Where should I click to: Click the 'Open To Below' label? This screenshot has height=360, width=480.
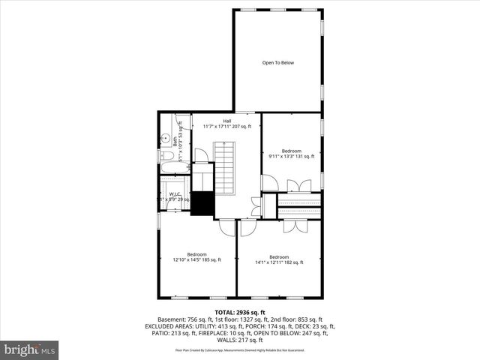coord(277,63)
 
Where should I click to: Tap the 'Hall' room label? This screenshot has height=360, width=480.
coord(226,121)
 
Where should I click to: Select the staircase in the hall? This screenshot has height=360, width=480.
coord(226,169)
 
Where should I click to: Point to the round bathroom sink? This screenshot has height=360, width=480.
coord(163,138)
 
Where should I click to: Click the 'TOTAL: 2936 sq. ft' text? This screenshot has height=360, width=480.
coord(240,312)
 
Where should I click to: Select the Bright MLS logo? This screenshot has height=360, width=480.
coord(30,349)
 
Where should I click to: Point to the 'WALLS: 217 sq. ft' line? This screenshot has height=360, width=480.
coord(240,340)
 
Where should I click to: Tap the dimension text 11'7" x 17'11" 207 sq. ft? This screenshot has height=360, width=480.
coord(226,127)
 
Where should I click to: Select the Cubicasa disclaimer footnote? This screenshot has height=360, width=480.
coord(240,350)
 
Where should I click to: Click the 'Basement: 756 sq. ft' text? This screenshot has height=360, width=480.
coord(180,319)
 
